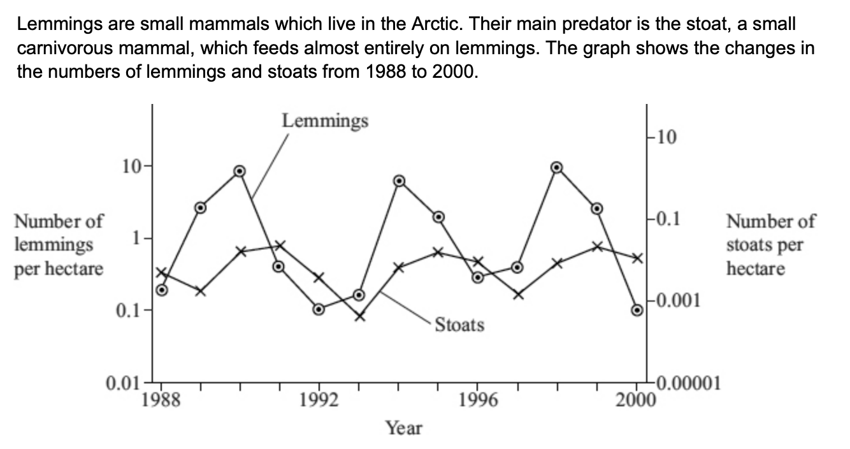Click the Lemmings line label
coord(325,120)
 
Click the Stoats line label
coord(459,325)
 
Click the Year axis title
coord(403,428)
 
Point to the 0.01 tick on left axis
coord(121,384)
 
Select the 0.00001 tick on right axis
coord(686,383)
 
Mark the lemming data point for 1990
coord(240,171)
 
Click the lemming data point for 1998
coord(556,167)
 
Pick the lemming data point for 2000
coord(637,310)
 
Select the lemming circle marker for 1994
coord(399,180)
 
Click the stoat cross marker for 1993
coord(359,316)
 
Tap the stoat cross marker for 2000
coord(635,258)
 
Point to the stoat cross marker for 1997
coord(518,294)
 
